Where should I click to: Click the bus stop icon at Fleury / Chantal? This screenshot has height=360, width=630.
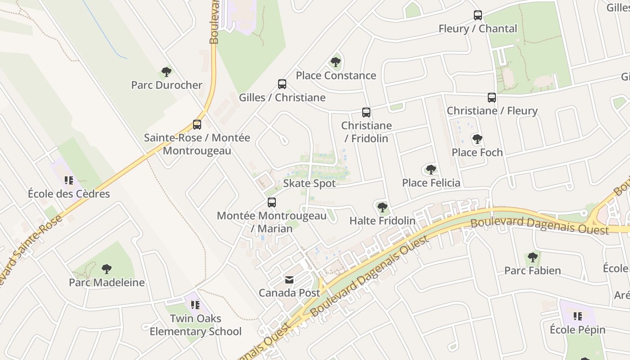pyautogui.click(x=478, y=15)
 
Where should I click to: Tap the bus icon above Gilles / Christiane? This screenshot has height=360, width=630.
pyautogui.click(x=282, y=84)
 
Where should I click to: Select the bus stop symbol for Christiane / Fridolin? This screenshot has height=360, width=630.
pyautogui.click(x=366, y=112)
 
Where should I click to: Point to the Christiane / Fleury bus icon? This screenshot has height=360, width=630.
pyautogui.click(x=492, y=98)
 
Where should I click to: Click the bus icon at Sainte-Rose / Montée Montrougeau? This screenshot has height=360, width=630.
pyautogui.click(x=197, y=125)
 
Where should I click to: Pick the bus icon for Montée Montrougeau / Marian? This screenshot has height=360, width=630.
pyautogui.click(x=272, y=202)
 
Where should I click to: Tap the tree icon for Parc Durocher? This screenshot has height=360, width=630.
pyautogui.click(x=166, y=72)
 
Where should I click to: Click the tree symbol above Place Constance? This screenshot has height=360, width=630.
pyautogui.click(x=336, y=62)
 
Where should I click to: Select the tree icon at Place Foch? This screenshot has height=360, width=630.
pyautogui.click(x=477, y=139)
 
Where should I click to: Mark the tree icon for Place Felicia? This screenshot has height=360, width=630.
pyautogui.click(x=431, y=170)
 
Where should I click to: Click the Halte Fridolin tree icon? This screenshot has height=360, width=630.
pyautogui.click(x=382, y=207)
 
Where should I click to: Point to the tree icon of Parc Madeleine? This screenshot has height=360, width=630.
pyautogui.click(x=107, y=269)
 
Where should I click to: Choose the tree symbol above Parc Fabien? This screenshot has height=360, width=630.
pyautogui.click(x=533, y=257)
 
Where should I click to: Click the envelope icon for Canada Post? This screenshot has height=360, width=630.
pyautogui.click(x=289, y=280)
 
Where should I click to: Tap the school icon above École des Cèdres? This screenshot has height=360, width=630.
pyautogui.click(x=69, y=180)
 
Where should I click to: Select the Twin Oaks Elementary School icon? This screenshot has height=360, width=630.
pyautogui.click(x=195, y=305)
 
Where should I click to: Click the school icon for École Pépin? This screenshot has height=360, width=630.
pyautogui.click(x=578, y=316)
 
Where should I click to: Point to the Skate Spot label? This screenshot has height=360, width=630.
pyautogui.click(x=309, y=184)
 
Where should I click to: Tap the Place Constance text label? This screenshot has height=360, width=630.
pyautogui.click(x=336, y=76)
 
